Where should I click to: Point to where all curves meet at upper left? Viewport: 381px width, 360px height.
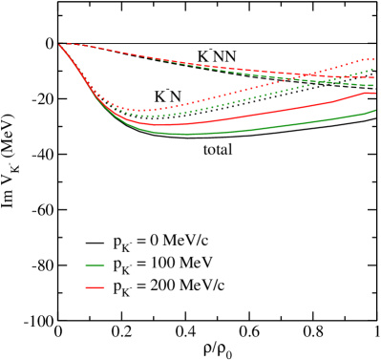pos(61,45)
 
